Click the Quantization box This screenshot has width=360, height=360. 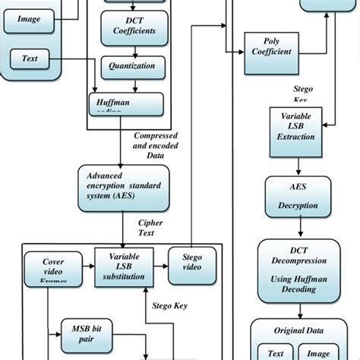pyautogui.click(x=134, y=66)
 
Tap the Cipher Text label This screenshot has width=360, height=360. pyautogui.click(x=150, y=228)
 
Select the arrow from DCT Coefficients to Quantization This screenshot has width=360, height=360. pyautogui.click(x=134, y=50)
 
